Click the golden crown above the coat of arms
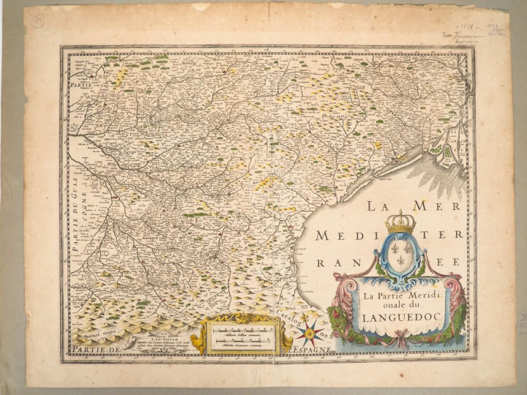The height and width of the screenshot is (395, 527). tap(400, 222)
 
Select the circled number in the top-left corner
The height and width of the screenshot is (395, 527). tap(37, 21)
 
